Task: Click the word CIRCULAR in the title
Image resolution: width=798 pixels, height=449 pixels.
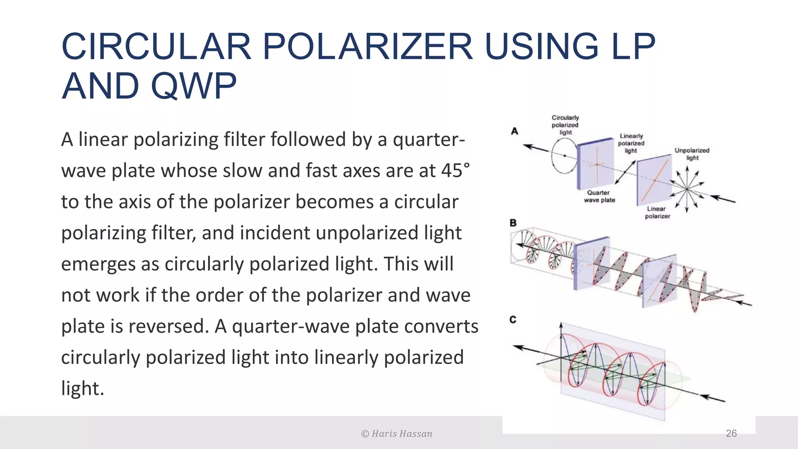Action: [x=156, y=46]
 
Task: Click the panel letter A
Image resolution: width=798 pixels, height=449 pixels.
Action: [x=514, y=131]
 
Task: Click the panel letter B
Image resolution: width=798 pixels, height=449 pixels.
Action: [x=513, y=223]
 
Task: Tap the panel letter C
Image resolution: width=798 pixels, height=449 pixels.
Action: [x=513, y=320]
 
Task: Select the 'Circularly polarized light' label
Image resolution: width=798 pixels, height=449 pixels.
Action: [x=565, y=125]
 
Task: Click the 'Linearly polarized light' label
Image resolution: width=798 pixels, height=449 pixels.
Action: [x=631, y=143]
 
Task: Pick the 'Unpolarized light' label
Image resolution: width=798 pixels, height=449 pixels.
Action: [x=692, y=154]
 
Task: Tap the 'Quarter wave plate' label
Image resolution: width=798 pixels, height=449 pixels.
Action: [x=599, y=196]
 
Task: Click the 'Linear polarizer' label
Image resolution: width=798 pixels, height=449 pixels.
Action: [x=657, y=212]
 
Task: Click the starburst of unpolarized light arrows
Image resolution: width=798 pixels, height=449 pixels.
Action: [x=687, y=189]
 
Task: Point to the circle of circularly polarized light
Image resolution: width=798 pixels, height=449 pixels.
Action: [x=564, y=156]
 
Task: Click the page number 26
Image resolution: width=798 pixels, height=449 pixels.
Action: [x=731, y=433]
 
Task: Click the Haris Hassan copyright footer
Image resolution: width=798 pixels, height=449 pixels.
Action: [x=397, y=434]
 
